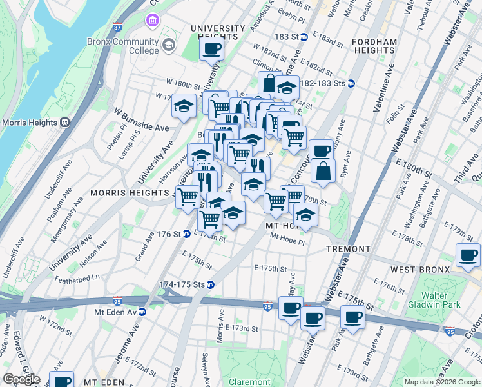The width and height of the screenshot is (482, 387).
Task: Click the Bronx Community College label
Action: point(123,46)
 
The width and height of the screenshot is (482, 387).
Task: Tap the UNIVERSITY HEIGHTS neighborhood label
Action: point(217,33)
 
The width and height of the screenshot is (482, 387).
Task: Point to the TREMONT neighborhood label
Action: point(348,249)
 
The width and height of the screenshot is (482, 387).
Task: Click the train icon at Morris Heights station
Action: point(64,123)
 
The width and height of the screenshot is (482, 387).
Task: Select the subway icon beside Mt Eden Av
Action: point(142,312)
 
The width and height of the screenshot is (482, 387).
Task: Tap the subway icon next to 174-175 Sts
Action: point(210,284)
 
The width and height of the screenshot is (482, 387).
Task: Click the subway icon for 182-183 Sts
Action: point(351,83)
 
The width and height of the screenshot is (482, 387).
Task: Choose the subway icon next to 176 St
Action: point(186,233)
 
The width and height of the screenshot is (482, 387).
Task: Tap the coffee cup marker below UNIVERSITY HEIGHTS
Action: point(211,49)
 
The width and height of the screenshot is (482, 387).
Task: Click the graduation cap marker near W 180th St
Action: point(184,106)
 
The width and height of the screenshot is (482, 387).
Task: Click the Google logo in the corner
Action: point(21,379)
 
